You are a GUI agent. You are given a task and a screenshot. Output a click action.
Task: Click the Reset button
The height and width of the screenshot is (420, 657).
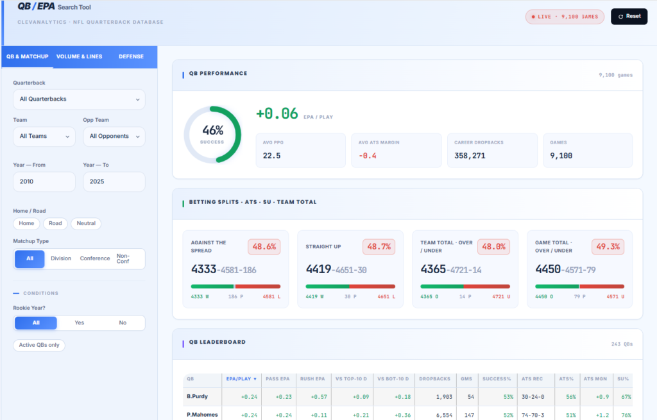click(x=629, y=16)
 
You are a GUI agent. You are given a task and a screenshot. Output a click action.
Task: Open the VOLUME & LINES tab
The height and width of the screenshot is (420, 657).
click(x=79, y=56)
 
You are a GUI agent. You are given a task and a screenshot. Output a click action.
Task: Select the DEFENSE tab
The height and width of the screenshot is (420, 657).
click(x=131, y=56)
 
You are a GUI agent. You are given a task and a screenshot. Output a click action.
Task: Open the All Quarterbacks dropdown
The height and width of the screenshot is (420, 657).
click(x=79, y=99)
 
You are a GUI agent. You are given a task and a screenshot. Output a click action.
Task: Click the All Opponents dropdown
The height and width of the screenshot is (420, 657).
click(x=114, y=137)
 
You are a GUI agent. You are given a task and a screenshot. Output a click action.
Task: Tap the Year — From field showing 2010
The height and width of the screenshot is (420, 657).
click(x=44, y=181)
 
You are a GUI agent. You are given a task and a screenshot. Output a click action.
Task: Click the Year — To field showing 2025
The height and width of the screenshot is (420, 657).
click(x=114, y=181)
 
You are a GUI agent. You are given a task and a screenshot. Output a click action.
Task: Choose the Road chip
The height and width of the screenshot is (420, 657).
click(x=55, y=224)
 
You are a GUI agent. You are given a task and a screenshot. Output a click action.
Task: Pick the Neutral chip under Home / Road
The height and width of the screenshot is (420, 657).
click(x=86, y=224)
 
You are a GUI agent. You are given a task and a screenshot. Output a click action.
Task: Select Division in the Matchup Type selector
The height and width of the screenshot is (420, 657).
click(x=61, y=259)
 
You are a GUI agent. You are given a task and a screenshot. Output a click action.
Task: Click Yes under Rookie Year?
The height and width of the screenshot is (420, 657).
click(x=79, y=323)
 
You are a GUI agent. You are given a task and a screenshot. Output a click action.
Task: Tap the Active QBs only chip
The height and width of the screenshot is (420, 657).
click(x=39, y=346)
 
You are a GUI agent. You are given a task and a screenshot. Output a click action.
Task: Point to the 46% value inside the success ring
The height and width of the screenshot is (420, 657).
click(x=213, y=130)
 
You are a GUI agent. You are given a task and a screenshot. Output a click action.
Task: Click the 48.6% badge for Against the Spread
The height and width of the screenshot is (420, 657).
click(x=264, y=247)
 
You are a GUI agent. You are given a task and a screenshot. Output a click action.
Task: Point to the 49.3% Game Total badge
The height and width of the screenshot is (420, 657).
click(x=608, y=247)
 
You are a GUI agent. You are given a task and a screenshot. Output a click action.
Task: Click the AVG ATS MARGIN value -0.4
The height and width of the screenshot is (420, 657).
click(x=368, y=156)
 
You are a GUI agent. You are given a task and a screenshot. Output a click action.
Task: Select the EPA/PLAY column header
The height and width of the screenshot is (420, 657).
click(x=241, y=379)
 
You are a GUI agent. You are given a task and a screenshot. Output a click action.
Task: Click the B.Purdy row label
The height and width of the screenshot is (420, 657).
click(x=198, y=396)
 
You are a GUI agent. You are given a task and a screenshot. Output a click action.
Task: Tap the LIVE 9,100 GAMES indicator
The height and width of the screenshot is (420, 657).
click(x=565, y=17)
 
